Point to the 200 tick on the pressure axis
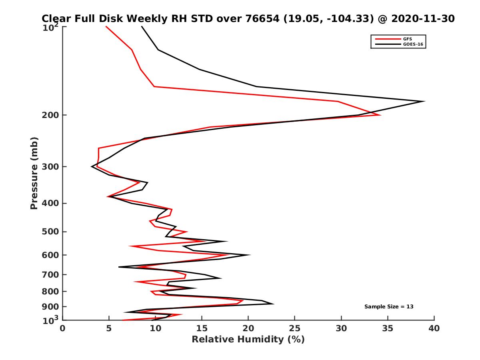point(51,115)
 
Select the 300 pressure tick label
point(51,167)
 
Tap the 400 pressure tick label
point(51,203)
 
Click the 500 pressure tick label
point(51,232)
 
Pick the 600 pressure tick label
point(51,255)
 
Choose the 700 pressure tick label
point(51,274)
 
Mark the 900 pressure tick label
point(51,307)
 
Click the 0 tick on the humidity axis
point(63,328)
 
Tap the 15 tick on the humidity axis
point(202,328)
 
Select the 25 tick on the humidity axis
point(295,328)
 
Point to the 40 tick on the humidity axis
point(434,328)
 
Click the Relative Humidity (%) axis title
point(248,340)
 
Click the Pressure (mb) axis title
point(34,173)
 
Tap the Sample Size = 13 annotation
point(388,307)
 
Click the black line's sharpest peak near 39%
point(424,101)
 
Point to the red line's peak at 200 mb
point(380,115)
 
